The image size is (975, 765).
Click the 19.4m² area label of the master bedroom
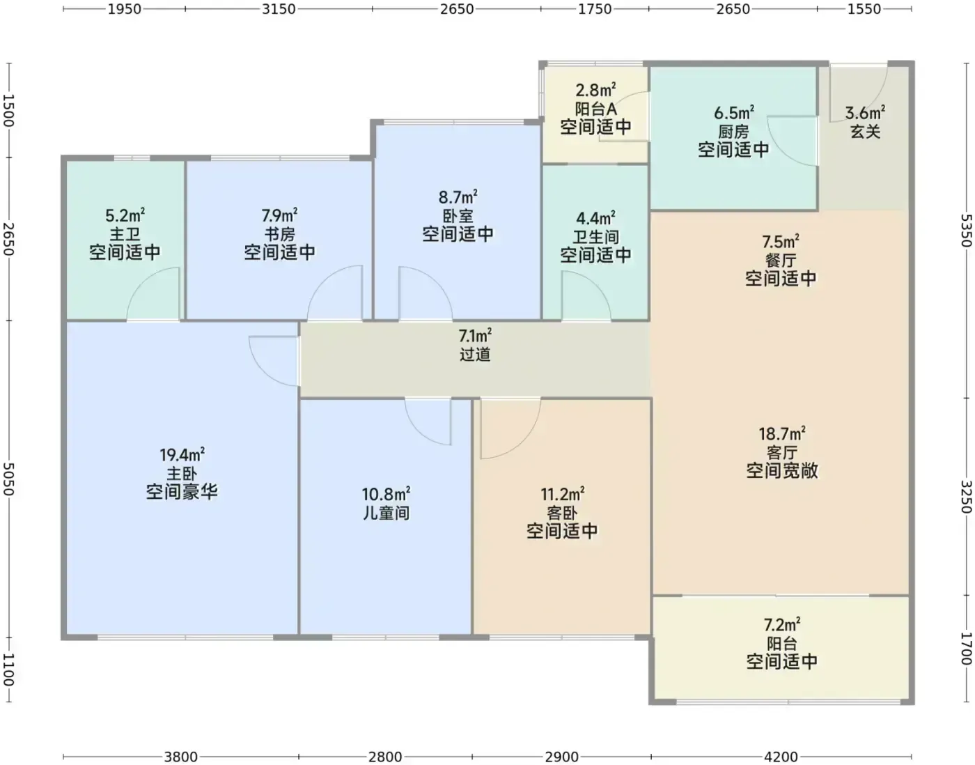182,455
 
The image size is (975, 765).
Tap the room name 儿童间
386,513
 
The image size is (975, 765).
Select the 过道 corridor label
475,355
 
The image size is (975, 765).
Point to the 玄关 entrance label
865,132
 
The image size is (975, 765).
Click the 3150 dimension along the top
279,9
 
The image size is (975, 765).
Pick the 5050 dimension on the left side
8,479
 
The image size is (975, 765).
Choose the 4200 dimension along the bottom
781,757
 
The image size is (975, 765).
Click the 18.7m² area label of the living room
782,433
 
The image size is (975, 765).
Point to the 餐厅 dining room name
781,261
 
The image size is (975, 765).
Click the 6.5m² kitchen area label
734,113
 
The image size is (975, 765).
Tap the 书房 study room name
279,234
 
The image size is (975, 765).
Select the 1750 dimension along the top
595,9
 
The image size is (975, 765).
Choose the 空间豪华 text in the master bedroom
182,492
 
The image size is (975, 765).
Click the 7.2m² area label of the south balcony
782,624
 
